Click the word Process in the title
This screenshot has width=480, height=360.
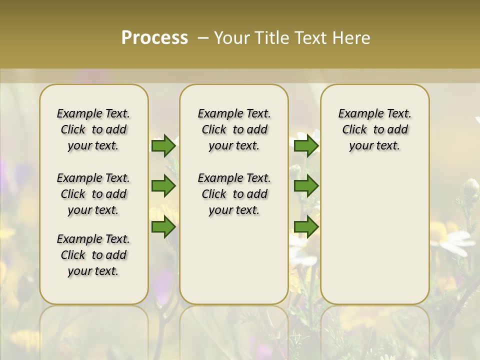[154, 38]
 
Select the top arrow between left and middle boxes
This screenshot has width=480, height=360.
[163, 146]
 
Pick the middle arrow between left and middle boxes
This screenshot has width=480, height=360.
[163, 186]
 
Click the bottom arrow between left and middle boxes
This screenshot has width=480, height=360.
[163, 227]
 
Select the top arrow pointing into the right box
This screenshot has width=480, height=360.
[306, 146]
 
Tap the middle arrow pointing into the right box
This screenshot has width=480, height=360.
[306, 186]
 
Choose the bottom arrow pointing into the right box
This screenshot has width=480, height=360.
[306, 227]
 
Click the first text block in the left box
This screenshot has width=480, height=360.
[93, 129]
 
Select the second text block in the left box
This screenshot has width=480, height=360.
[93, 194]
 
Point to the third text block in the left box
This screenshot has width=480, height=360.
[93, 255]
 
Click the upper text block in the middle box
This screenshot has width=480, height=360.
[234, 129]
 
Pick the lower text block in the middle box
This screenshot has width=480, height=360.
[234, 194]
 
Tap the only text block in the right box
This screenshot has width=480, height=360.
[374, 129]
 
